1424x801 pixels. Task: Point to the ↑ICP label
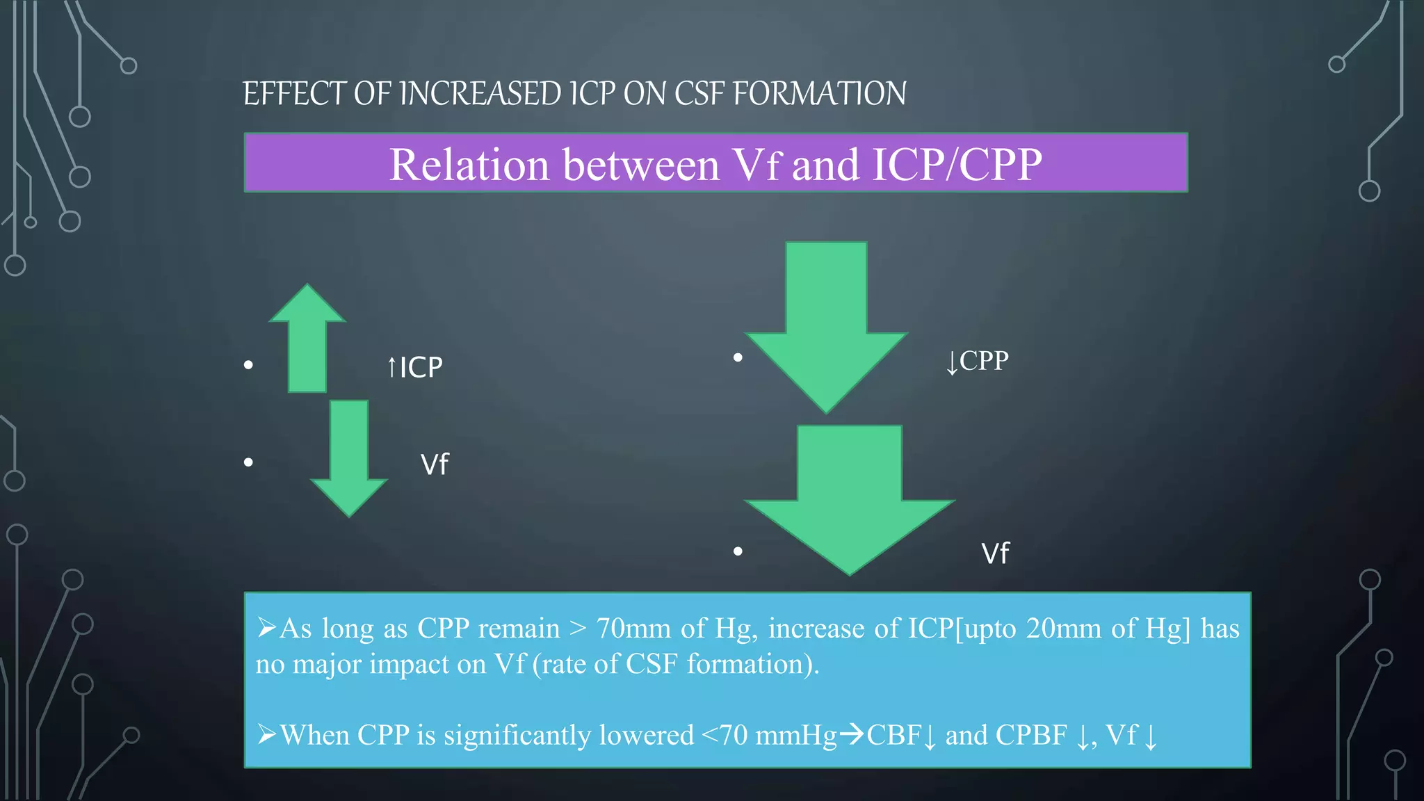click(x=414, y=367)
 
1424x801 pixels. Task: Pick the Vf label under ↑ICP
click(x=435, y=464)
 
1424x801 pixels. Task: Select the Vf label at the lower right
click(x=995, y=553)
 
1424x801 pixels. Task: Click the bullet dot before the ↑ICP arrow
click(x=248, y=365)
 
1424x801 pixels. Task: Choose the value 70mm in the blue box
click(x=633, y=629)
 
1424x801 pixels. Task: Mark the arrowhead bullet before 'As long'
click(x=266, y=628)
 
